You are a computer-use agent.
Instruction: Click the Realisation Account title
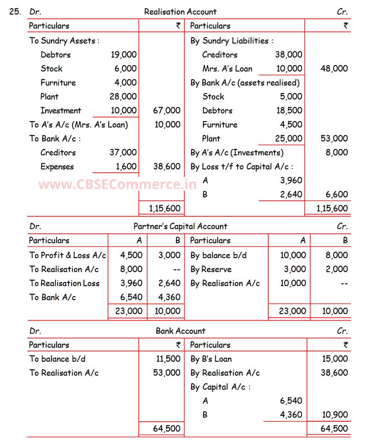point(180,12)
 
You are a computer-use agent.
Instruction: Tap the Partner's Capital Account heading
point(180,226)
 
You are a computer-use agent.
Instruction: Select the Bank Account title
point(180,331)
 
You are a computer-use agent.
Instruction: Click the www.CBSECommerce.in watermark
point(118,185)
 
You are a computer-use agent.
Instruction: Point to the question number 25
point(15,12)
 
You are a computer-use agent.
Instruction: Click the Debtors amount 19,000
point(124,55)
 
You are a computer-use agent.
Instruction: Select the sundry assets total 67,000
point(167,110)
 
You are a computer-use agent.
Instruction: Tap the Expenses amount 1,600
point(126,166)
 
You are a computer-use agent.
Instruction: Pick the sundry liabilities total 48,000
point(334,69)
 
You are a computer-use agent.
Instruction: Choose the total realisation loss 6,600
point(337,194)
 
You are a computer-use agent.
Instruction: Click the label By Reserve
point(211,269)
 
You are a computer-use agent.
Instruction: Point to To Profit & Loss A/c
point(68,255)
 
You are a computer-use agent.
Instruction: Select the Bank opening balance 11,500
point(167,359)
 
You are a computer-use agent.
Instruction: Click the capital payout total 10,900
point(335,415)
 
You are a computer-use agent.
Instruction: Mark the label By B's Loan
point(211,359)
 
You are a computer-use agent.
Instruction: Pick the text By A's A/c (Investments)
point(237,153)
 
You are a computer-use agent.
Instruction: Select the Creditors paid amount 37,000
point(123,153)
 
